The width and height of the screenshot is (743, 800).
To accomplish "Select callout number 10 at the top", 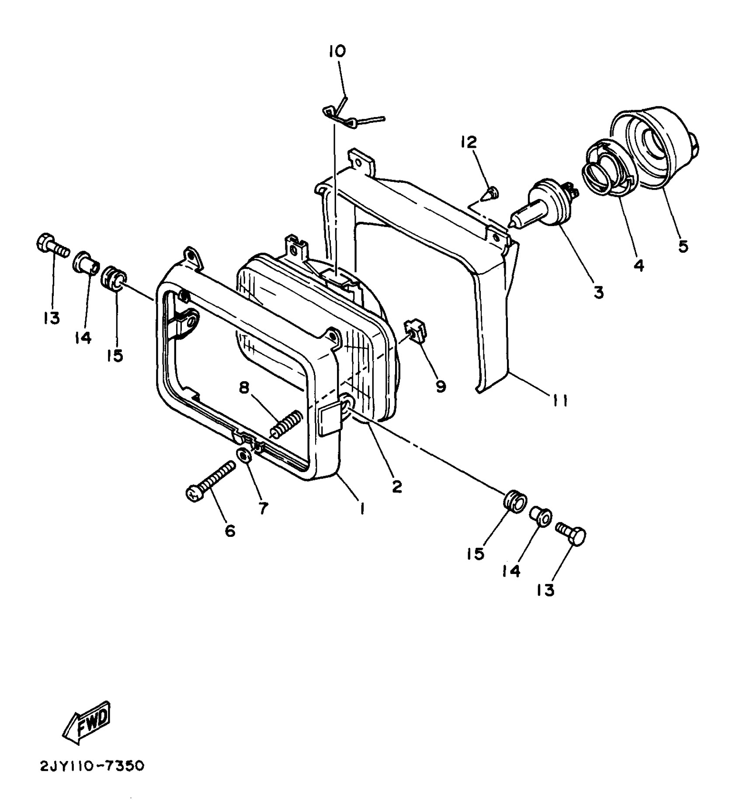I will (x=337, y=52).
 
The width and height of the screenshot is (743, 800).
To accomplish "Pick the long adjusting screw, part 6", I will (x=210, y=480).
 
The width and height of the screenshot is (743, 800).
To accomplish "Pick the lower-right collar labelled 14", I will (x=541, y=517).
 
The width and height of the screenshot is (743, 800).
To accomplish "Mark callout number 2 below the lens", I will (x=396, y=487).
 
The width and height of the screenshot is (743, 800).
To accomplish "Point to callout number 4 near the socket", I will (x=639, y=265).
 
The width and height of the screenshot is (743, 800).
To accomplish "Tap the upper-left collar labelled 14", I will (x=87, y=263).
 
